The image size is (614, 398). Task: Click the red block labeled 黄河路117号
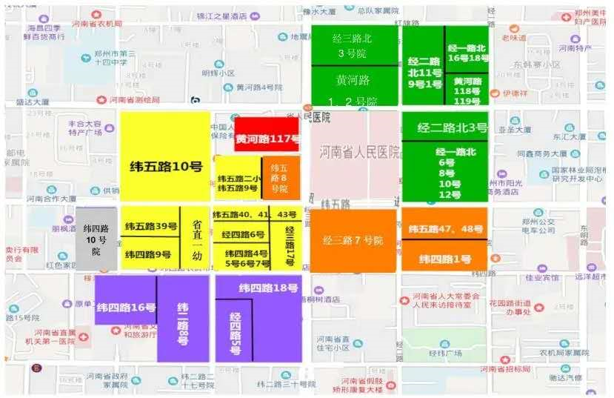(267, 138)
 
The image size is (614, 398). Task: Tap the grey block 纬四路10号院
(96, 239)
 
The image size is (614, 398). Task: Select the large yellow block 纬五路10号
(165, 167)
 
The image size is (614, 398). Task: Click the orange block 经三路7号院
(353, 241)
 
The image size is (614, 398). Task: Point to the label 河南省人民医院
(359, 152)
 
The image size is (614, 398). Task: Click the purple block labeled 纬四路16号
(125, 307)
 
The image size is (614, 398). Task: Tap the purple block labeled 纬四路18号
(267, 288)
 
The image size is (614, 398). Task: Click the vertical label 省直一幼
(197, 237)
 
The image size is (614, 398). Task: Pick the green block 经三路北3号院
(354, 44)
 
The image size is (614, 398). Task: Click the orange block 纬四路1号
(444, 258)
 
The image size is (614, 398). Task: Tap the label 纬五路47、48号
(444, 229)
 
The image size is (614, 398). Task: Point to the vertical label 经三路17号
(290, 245)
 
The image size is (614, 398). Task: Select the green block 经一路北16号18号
(468, 51)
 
